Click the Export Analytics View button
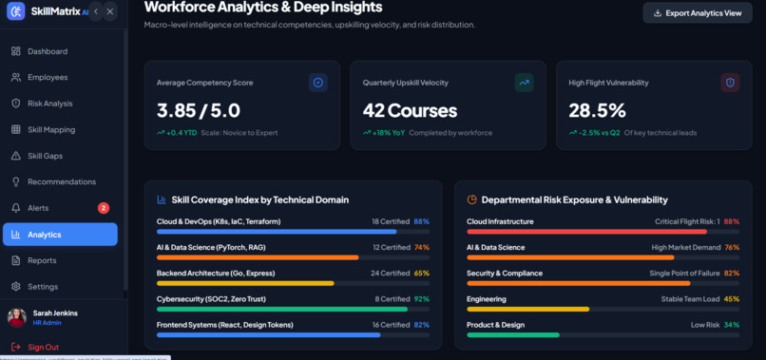tap(698, 13)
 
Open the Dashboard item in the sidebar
tap(48, 51)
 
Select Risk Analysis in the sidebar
tap(49, 104)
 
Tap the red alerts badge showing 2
tap(104, 208)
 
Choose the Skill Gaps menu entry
tap(45, 156)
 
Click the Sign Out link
tap(43, 348)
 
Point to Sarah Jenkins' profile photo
tap(17, 317)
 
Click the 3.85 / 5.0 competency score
tap(199, 111)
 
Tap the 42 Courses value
tap(410, 111)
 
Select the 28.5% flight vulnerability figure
tap(597, 111)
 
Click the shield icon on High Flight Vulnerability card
tap(730, 83)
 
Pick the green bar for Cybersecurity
tap(282, 310)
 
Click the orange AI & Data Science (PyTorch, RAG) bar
tap(258, 257)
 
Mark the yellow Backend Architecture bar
tap(245, 283)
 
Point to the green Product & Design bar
tap(513, 335)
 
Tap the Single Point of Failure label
tap(684, 273)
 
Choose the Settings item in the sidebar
tap(43, 286)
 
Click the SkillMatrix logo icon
tap(15, 11)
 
